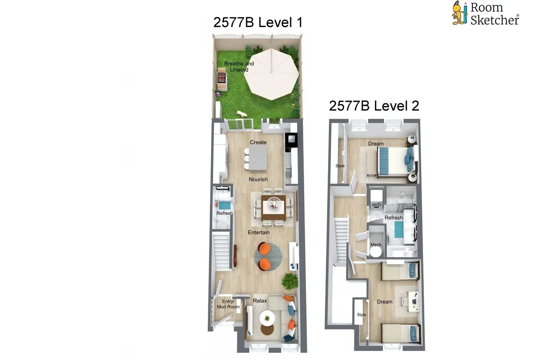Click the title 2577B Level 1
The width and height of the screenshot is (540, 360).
[258, 22]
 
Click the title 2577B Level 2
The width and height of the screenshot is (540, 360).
[374, 106]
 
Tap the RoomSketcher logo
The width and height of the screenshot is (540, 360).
[486, 13]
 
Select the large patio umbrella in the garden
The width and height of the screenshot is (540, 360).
[273, 73]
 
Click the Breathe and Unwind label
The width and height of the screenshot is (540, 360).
[239, 67]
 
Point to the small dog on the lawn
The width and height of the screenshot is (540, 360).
[242, 114]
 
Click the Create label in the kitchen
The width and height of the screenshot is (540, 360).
[258, 142]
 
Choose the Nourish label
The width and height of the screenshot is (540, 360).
[258, 179]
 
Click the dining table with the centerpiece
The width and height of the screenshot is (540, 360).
[274, 206]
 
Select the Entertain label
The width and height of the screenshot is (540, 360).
[259, 232]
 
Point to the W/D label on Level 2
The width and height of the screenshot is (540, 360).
[376, 205]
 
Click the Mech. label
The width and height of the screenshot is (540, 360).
[376, 244]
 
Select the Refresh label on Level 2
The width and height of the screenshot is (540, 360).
[393, 218]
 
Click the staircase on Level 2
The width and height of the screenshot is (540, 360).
[341, 238]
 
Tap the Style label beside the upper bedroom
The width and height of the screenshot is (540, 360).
[340, 166]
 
